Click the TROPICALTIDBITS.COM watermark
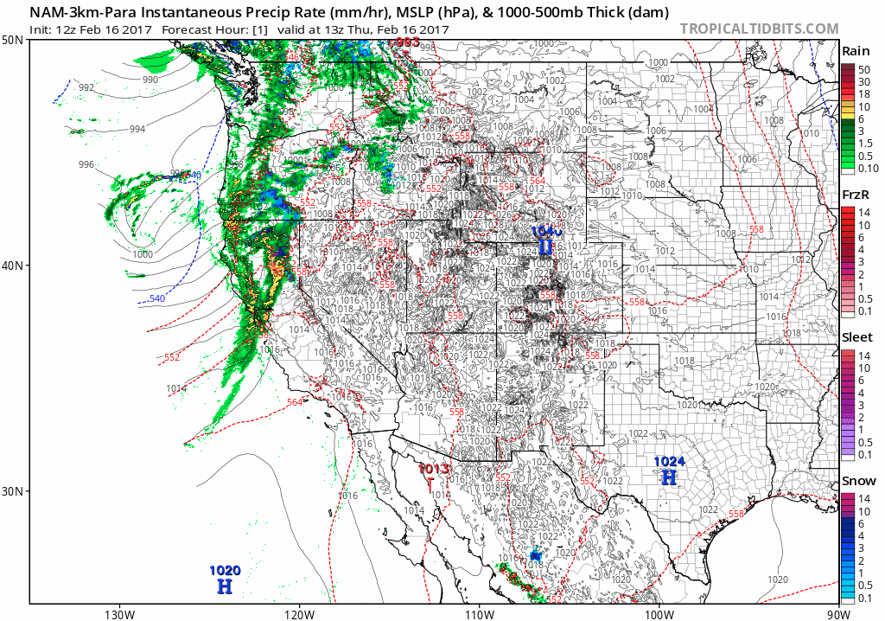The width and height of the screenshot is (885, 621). (759, 29)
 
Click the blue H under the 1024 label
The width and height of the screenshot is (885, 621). (669, 477)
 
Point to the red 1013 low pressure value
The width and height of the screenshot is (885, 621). (434, 469)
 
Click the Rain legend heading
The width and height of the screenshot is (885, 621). (856, 50)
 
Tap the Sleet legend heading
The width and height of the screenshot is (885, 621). (857, 337)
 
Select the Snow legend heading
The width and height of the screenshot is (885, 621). (857, 481)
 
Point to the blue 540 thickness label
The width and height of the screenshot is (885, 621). (156, 299)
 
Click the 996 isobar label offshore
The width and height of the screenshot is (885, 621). (86, 164)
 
